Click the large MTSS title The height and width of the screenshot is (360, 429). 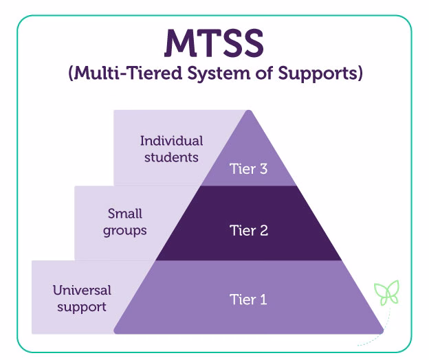click(214, 43)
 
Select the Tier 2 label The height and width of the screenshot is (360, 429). click(247, 230)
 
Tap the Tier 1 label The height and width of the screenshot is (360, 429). click(247, 299)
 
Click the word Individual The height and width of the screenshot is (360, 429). click(171, 141)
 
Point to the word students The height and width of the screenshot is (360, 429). click(171, 157)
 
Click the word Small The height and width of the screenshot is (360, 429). click(125, 214)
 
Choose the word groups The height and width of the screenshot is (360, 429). click(125, 230)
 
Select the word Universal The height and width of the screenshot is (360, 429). click(82, 290)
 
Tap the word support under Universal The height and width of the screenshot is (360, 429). click(82, 306)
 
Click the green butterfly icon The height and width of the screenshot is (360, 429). click(386, 293)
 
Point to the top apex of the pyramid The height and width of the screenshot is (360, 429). click(249, 111)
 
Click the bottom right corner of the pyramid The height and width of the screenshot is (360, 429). click(382, 333)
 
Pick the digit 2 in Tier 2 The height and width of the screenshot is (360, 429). click(263, 230)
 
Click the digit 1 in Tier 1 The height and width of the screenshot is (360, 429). click(263, 299)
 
